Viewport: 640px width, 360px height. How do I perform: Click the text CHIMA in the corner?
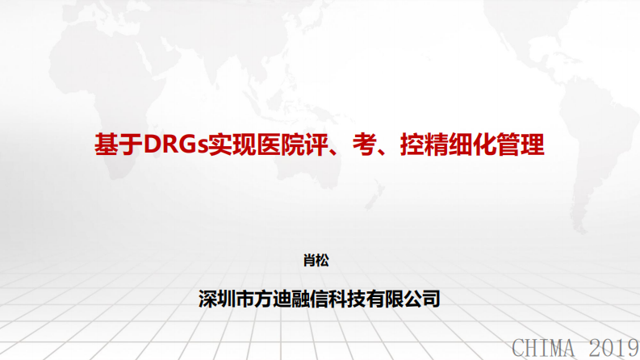pos(543,348)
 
